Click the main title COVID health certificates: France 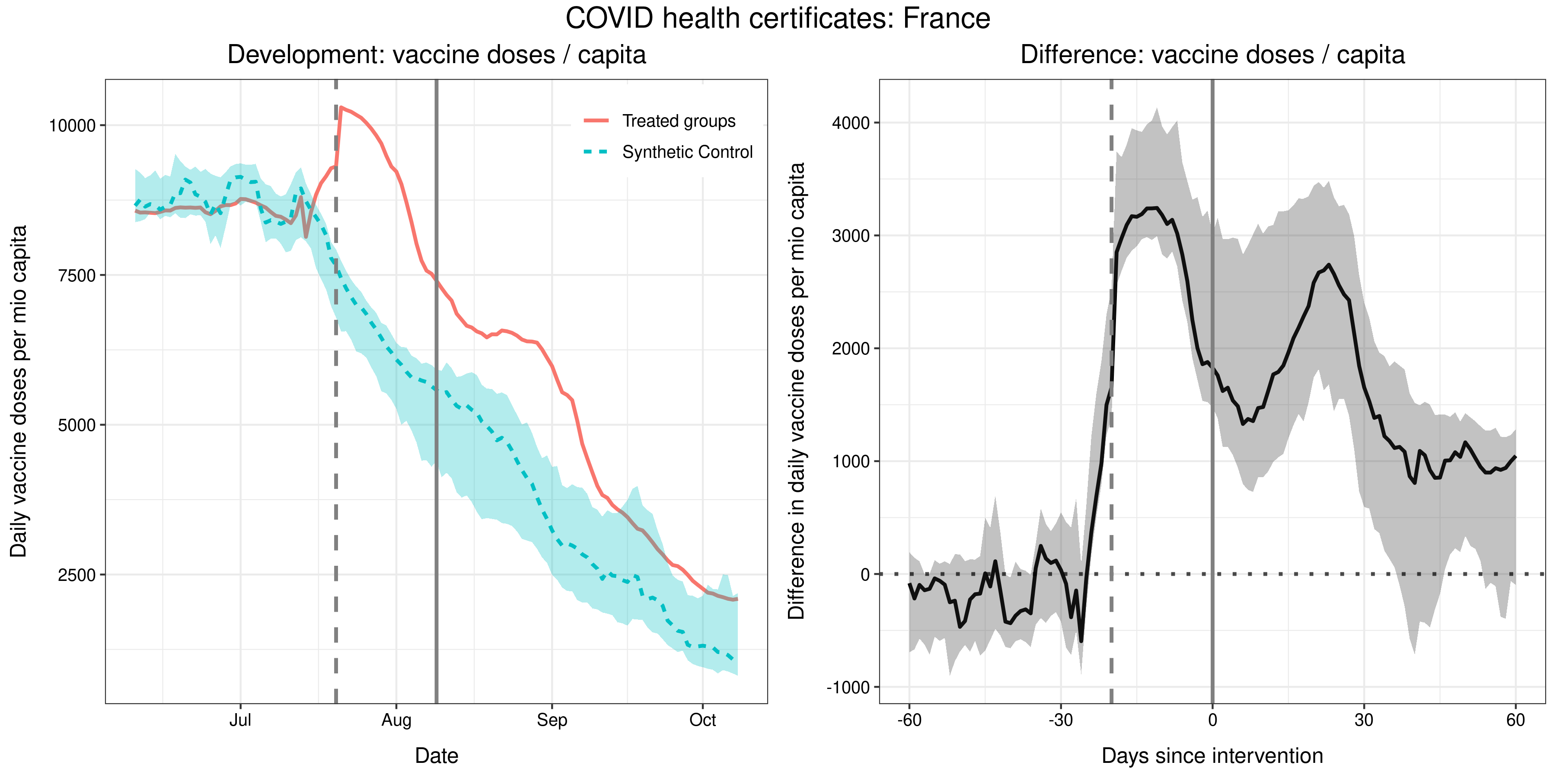click(x=778, y=18)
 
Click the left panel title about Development click(x=436, y=55)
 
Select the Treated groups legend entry click(x=678, y=121)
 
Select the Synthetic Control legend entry click(x=687, y=152)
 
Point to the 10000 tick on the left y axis click(x=73, y=126)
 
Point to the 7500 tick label click(x=77, y=275)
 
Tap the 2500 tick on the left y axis click(x=77, y=575)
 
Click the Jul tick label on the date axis click(x=240, y=720)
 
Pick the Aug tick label click(x=396, y=720)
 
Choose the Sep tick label click(x=552, y=720)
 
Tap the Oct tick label click(x=702, y=720)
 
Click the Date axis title click(x=436, y=756)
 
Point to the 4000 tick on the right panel click(x=851, y=123)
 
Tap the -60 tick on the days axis click(x=909, y=720)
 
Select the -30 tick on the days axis click(x=1060, y=720)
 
